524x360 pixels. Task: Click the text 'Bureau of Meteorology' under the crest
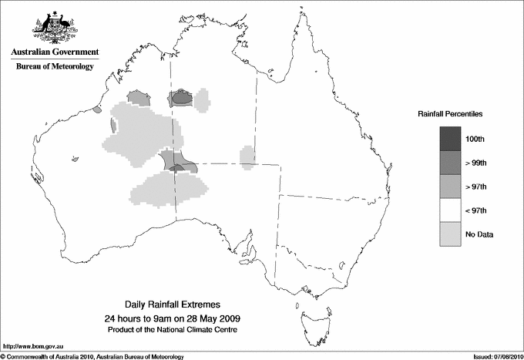click(54, 66)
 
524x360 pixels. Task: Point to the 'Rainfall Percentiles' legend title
click(451, 114)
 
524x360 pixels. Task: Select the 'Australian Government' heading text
click(54, 52)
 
